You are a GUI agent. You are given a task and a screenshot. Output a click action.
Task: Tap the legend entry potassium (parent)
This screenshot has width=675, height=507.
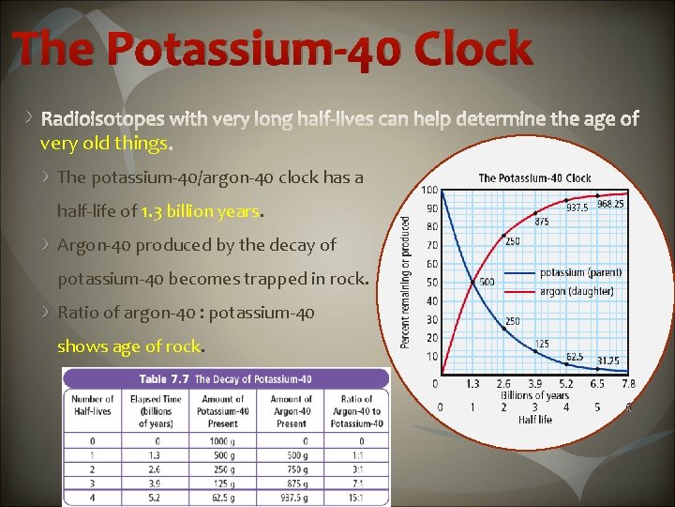pos(581,273)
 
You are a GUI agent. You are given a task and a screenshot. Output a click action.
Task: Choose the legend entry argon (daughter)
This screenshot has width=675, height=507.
pos(577,291)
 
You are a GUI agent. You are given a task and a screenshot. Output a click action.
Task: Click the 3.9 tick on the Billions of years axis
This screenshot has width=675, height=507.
pos(534,384)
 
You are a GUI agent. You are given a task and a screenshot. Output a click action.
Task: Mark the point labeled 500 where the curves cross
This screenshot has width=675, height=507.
pos(487,282)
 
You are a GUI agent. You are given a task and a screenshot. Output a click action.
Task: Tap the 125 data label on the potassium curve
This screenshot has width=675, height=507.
pos(543,344)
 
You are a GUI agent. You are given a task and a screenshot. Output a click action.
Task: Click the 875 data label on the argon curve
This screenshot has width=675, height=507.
pos(542,222)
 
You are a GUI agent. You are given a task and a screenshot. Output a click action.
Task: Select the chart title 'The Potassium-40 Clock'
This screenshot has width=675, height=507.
pos(534,177)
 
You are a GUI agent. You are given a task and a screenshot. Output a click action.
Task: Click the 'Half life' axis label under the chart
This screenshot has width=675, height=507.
pos(534,420)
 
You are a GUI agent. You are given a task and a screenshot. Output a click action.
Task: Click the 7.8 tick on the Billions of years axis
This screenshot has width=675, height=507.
pos(629,384)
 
